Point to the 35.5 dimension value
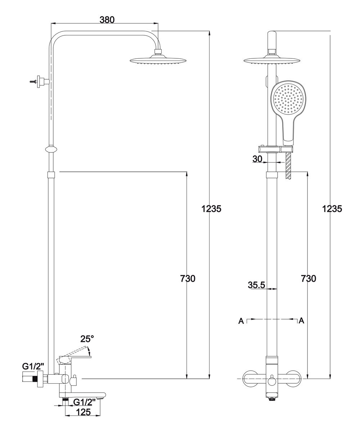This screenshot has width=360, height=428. [x=256, y=285]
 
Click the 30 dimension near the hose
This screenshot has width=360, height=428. [x=257, y=159]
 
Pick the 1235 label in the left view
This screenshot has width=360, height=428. [x=211, y=208]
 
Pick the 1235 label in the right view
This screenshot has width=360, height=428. [x=332, y=208]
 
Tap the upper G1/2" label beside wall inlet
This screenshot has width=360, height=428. [x=33, y=366]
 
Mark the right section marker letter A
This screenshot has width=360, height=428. [x=302, y=320]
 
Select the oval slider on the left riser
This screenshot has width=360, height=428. [x=52, y=150]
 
